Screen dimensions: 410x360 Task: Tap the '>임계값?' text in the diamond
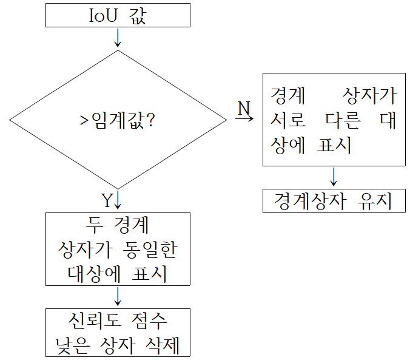[118, 120]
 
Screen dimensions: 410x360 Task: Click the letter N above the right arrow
[243, 108]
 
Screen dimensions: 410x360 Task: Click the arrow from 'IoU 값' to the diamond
[118, 38]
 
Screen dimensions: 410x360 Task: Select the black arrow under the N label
[244, 119]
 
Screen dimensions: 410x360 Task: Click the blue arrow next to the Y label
[118, 200]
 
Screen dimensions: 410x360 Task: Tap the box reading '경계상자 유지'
[334, 201]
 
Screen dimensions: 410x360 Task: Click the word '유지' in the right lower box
[374, 201]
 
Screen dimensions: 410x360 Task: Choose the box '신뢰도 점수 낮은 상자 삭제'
[118, 333]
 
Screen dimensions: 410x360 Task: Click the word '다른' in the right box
[340, 121]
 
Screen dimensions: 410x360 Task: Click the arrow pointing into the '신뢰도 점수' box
[118, 297]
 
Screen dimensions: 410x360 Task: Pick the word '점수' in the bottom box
[152, 320]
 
